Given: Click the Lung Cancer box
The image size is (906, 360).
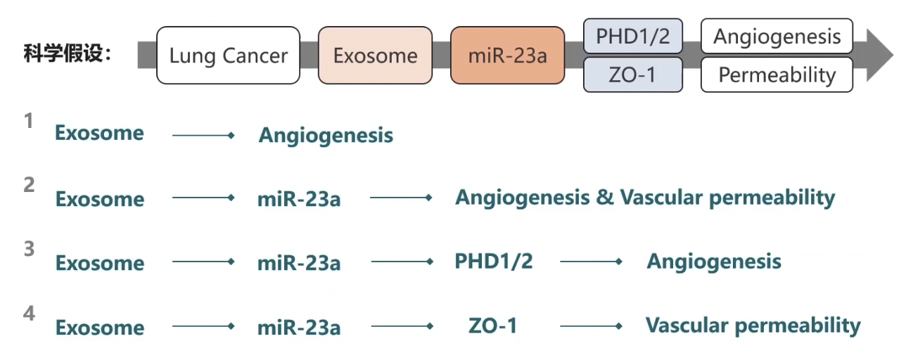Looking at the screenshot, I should pyautogui.click(x=228, y=56).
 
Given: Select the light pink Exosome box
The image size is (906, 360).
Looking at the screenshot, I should pyautogui.click(x=375, y=56).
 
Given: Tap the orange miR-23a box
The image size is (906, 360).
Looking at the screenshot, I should pyautogui.click(x=507, y=56).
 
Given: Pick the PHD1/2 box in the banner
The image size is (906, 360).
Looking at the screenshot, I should pyautogui.click(x=632, y=37).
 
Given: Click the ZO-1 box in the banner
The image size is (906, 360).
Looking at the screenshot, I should pyautogui.click(x=632, y=75).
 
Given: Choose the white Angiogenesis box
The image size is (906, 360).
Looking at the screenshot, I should pyautogui.click(x=777, y=37).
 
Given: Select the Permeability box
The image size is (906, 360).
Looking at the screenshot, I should pyautogui.click(x=777, y=75).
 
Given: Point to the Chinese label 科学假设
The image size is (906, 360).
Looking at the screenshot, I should pyautogui.click(x=68, y=54).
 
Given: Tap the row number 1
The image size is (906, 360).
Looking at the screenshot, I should pyautogui.click(x=29, y=121).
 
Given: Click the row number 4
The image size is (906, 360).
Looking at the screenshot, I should pyautogui.click(x=29, y=314).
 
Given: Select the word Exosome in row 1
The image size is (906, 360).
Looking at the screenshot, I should pyautogui.click(x=99, y=134).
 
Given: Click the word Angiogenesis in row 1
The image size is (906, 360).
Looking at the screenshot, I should pyautogui.click(x=326, y=135).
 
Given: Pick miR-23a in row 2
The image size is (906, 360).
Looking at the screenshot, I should pyautogui.click(x=298, y=199).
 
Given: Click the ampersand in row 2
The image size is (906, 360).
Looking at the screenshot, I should pyautogui.click(x=604, y=198).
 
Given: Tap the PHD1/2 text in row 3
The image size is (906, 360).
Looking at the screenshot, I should pyautogui.click(x=493, y=262).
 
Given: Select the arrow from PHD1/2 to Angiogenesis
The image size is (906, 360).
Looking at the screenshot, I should pyautogui.click(x=591, y=262).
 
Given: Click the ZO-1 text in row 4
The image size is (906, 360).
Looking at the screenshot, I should pyautogui.click(x=492, y=326).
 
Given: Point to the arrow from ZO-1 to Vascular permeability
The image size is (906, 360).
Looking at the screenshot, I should pyautogui.click(x=591, y=326).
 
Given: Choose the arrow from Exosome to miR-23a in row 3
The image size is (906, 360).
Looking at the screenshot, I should pyautogui.click(x=203, y=262).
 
